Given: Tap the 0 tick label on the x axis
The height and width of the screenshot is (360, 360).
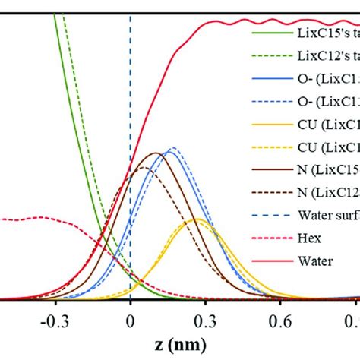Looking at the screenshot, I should [x=131, y=312].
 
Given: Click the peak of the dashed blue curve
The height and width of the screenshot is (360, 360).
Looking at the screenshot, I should [x=173, y=147].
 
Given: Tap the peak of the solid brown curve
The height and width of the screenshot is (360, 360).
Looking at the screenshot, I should [x=155, y=153].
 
